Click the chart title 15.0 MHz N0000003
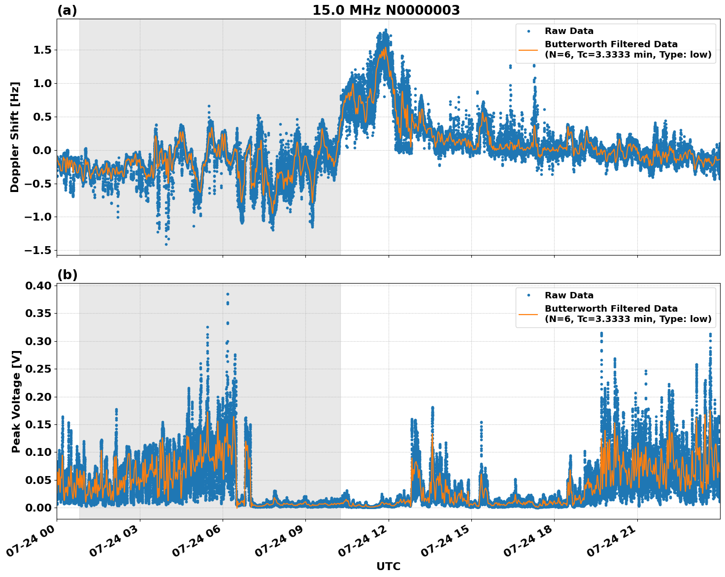tap(386, 10)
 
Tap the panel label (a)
tap(67, 10)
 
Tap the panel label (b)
tap(67, 275)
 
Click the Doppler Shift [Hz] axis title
tap(15, 137)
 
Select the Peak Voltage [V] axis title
tap(16, 401)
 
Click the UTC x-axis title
tap(388, 566)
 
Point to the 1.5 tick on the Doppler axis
tap(43, 50)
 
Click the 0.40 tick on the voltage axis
tap(39, 286)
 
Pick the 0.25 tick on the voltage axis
tap(39, 369)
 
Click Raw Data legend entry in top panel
tap(569, 32)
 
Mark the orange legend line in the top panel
tap(528, 50)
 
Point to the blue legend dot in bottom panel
tap(528, 295)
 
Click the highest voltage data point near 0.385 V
tap(228, 294)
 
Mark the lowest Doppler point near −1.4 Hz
tap(166, 244)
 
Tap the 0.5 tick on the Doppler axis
tap(43, 117)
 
